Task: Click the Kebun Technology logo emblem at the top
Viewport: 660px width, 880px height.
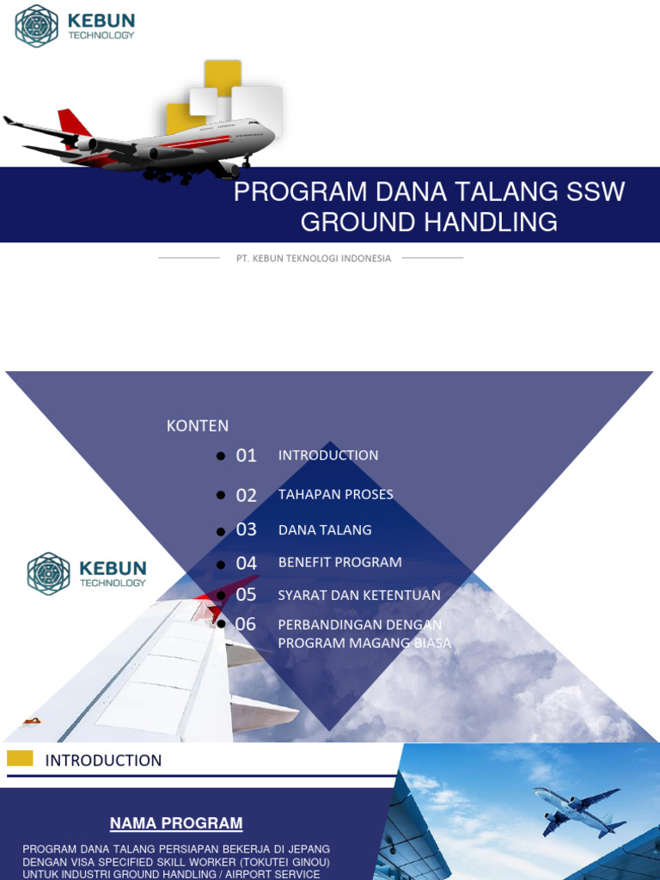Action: click(x=37, y=26)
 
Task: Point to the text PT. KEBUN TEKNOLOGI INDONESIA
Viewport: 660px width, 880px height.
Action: click(x=314, y=258)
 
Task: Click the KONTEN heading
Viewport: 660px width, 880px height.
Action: click(x=198, y=425)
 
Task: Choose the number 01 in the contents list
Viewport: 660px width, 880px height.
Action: click(x=247, y=455)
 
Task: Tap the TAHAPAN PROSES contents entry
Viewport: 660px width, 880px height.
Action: click(x=335, y=494)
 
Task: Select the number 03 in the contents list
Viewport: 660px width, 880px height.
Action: click(x=247, y=529)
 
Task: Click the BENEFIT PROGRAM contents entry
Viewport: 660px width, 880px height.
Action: click(x=339, y=562)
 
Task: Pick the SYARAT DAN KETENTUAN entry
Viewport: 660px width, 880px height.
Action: click(x=359, y=595)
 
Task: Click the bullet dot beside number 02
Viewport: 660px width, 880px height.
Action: click(x=221, y=496)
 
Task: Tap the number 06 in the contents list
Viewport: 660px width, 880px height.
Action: click(x=247, y=624)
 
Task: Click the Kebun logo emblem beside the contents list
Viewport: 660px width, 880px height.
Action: click(x=48, y=574)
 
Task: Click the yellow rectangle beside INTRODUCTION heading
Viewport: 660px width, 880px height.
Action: click(x=20, y=758)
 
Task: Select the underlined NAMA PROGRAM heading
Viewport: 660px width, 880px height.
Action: click(x=176, y=823)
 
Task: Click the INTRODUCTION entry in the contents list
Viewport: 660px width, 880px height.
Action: click(x=328, y=455)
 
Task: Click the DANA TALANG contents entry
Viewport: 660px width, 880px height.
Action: click(x=325, y=529)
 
